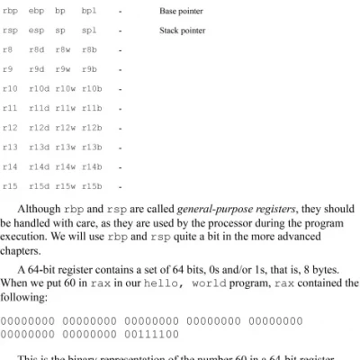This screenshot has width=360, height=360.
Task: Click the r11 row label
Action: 12,109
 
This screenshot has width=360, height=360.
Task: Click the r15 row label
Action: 12,185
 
